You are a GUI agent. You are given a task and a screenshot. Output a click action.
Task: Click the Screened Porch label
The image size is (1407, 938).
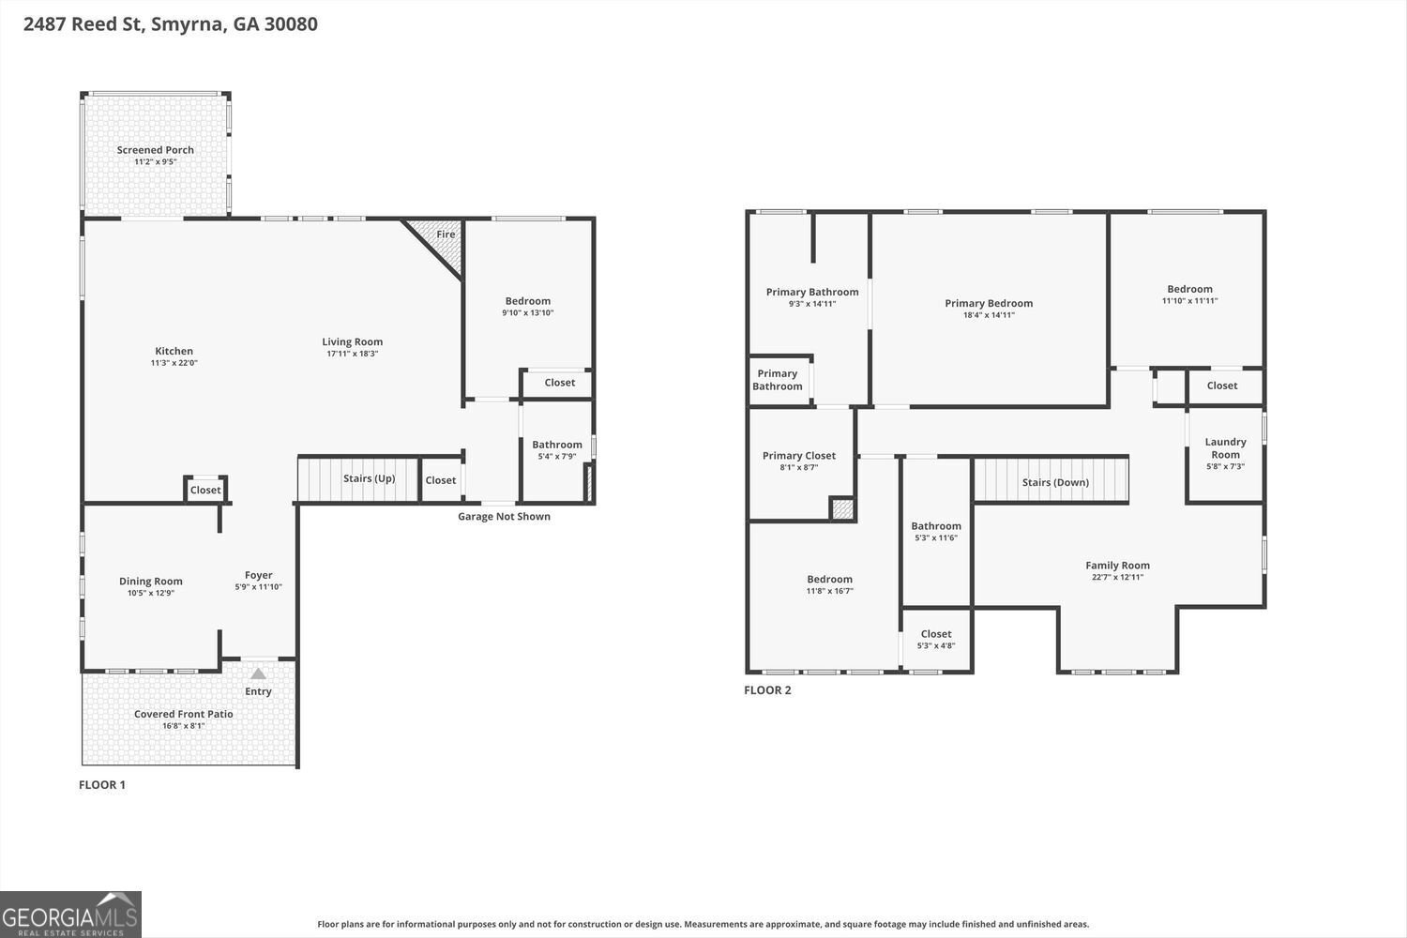tap(156, 150)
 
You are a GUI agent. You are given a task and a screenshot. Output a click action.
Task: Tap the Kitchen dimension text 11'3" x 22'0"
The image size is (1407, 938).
tap(174, 363)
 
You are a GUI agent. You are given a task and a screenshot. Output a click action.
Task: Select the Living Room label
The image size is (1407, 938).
tap(353, 342)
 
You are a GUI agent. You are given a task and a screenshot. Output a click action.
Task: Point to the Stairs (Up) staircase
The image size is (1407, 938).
tap(357, 479)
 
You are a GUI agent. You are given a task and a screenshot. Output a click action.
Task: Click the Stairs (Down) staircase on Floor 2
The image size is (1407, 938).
tap(1051, 480)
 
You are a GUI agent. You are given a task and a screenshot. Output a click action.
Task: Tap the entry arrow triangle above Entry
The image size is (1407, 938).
tap(258, 673)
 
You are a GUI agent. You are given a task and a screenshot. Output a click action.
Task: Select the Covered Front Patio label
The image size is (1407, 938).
tap(184, 715)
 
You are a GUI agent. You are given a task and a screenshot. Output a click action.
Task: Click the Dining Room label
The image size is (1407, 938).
tap(151, 582)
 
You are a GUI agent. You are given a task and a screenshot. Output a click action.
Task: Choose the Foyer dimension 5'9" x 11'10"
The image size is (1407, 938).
tap(259, 587)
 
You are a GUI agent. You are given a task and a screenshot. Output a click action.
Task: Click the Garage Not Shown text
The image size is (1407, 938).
tap(504, 517)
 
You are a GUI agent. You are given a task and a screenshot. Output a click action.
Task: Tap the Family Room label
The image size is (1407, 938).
tap(1117, 566)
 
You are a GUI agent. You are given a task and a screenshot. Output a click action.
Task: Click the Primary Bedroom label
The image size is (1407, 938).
tap(989, 303)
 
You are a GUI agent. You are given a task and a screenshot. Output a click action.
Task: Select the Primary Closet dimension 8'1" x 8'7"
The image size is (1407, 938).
tap(799, 467)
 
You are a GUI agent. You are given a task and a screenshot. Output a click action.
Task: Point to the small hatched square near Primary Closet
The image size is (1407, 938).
tap(842, 509)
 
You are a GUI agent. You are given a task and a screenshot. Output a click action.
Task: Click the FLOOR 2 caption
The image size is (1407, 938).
tap(767, 690)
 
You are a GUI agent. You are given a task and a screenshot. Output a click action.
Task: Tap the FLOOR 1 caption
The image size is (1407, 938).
tap(102, 785)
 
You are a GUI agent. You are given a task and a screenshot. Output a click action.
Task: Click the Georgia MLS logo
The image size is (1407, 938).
tap(70, 915)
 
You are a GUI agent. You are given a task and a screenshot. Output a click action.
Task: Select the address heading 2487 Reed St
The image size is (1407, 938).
tap(171, 23)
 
